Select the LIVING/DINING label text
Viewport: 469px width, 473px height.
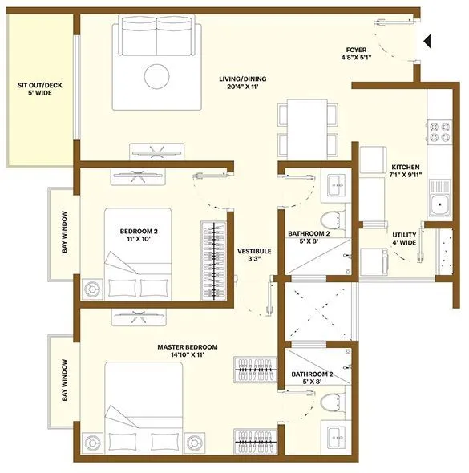click(242, 79)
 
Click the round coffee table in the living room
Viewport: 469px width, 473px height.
click(156, 76)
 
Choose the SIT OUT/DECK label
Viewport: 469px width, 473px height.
click(40, 88)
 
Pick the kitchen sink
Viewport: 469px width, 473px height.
click(440, 204)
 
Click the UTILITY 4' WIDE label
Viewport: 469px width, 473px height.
click(403, 240)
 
